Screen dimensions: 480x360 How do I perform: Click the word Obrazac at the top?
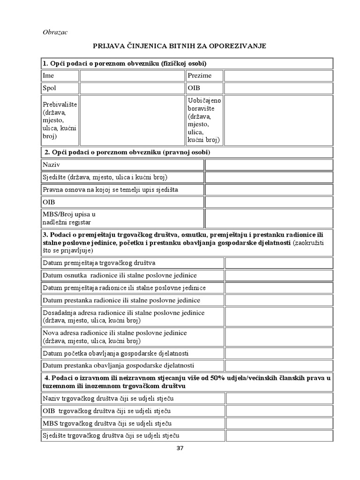tap(55, 32)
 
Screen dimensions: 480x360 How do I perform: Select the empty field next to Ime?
tap(132, 75)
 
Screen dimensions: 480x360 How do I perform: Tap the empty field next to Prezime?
tap(278, 75)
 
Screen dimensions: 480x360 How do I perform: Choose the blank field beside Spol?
tap(132, 88)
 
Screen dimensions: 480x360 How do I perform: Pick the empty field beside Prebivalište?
tap(132, 120)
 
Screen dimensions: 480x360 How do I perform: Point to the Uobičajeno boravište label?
tap(204, 120)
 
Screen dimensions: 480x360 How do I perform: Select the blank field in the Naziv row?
tap(269, 165)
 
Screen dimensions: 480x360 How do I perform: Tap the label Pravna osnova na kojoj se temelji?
tap(110, 189)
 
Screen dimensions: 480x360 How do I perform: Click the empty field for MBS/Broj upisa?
tap(269, 218)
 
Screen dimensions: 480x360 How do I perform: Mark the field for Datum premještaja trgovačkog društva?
tap(278, 262)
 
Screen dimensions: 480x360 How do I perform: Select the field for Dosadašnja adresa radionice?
tap(278, 316)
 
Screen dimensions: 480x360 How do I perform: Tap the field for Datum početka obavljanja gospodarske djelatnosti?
tap(278, 353)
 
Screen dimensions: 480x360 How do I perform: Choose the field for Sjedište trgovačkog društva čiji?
tap(279, 436)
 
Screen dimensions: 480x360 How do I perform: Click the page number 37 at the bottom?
tap(180, 448)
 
